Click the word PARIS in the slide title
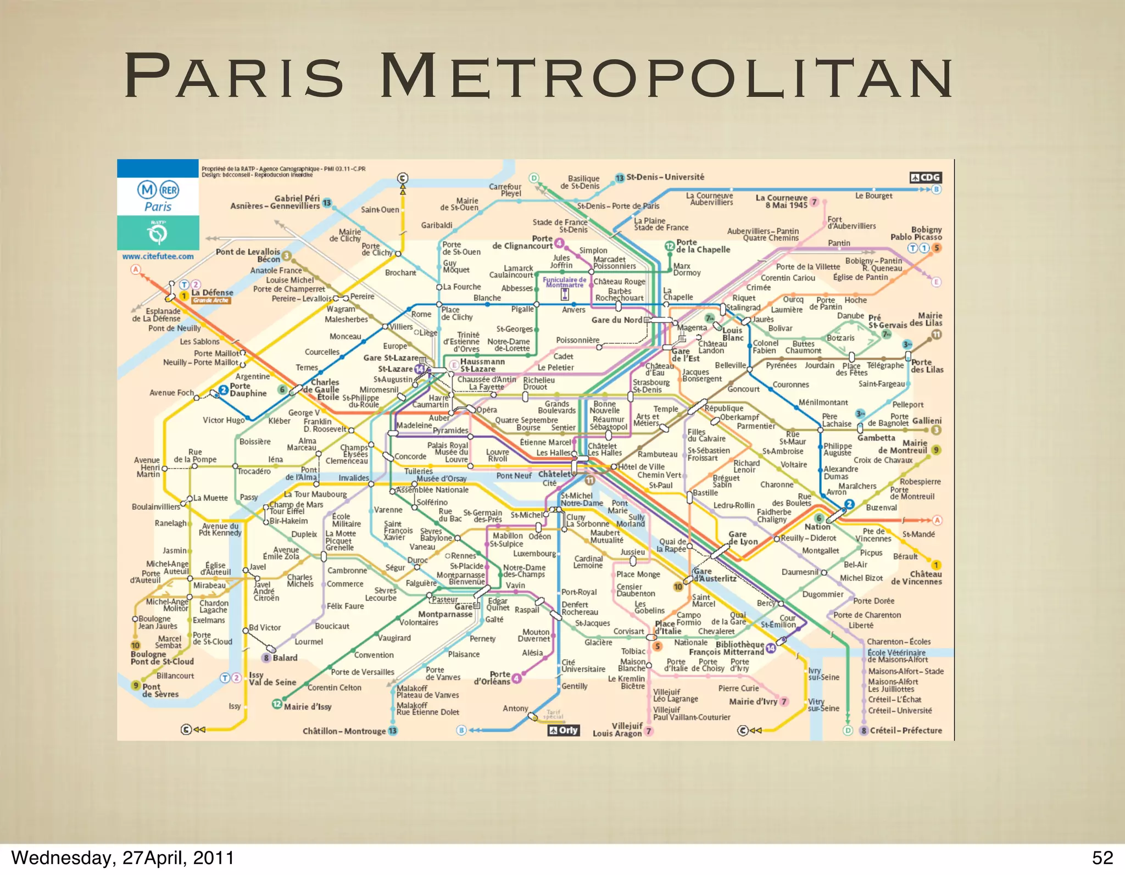[233, 76]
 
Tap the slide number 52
[1102, 857]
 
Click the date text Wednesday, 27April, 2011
[122, 857]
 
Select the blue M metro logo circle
[147, 190]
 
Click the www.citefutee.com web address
[158, 257]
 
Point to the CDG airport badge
[926, 177]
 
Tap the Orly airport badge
[564, 730]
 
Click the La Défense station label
[212, 293]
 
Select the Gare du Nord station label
[616, 320]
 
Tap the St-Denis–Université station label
[665, 177]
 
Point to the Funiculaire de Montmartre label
[564, 282]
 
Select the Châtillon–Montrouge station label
[344, 731]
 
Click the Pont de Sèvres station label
[160, 690]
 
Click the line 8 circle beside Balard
[266, 658]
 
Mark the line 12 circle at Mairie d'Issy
[277, 704]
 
